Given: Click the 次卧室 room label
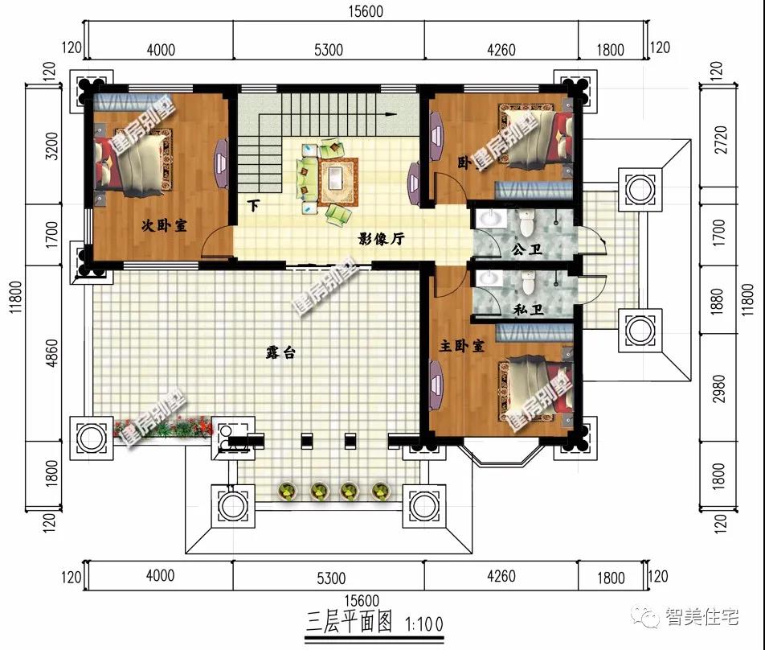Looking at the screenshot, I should [x=164, y=226].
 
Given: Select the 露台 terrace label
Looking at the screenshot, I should [x=279, y=352].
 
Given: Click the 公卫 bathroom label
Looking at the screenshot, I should [x=526, y=250].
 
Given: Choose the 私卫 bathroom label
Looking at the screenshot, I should [x=526, y=310].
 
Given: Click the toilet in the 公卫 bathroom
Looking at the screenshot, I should [x=527, y=221].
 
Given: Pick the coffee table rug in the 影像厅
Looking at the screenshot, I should [x=338, y=179].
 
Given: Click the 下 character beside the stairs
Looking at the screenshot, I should [x=253, y=205].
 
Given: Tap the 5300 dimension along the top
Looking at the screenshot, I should [x=328, y=50].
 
